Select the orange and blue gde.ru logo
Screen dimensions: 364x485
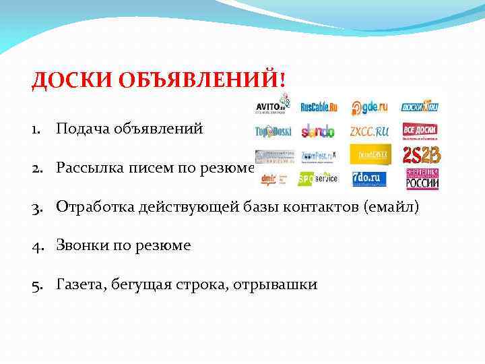click(369, 108)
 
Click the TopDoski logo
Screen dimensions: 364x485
click(273, 131)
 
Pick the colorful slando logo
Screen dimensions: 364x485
click(317, 131)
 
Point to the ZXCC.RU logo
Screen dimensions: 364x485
click(370, 131)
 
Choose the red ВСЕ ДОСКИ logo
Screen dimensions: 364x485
click(421, 130)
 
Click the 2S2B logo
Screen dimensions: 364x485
click(422, 156)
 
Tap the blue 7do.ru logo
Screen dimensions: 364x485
click(368, 179)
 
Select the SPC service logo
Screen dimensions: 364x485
click(318, 179)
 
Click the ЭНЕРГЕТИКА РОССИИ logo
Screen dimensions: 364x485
click(422, 179)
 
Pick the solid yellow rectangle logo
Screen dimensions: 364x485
click(370, 154)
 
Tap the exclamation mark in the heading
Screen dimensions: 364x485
click(283, 80)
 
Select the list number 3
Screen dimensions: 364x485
click(35, 206)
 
